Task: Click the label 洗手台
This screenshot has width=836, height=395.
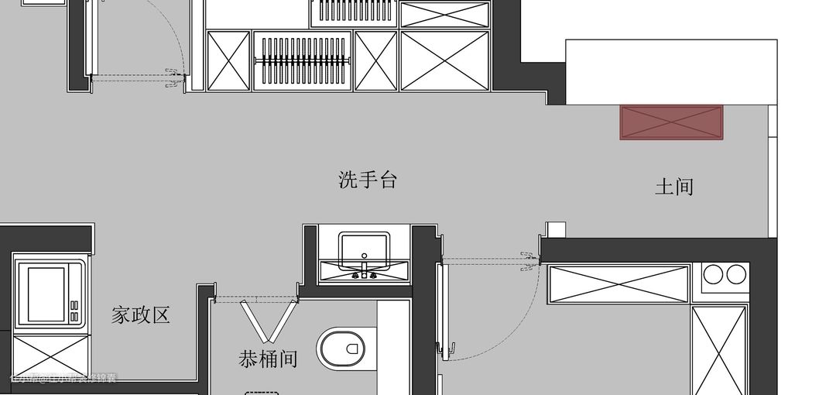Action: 368,180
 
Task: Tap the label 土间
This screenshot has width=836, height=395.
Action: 673,187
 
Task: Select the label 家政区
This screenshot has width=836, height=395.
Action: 140,315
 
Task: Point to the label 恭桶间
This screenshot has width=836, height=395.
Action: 268,359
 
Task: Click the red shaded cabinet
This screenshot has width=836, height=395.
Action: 671,123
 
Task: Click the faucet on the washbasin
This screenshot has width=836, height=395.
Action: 364,272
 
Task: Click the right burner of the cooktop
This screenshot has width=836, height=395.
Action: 736,273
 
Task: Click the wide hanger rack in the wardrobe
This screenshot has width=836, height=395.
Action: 302,61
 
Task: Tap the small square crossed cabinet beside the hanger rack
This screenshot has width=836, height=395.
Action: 376,61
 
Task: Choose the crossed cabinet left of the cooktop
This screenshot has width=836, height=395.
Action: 618,284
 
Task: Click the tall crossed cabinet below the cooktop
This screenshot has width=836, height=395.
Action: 719,349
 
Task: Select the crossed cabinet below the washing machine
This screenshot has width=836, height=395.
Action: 51,355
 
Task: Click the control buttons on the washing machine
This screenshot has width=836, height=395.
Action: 74,311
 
